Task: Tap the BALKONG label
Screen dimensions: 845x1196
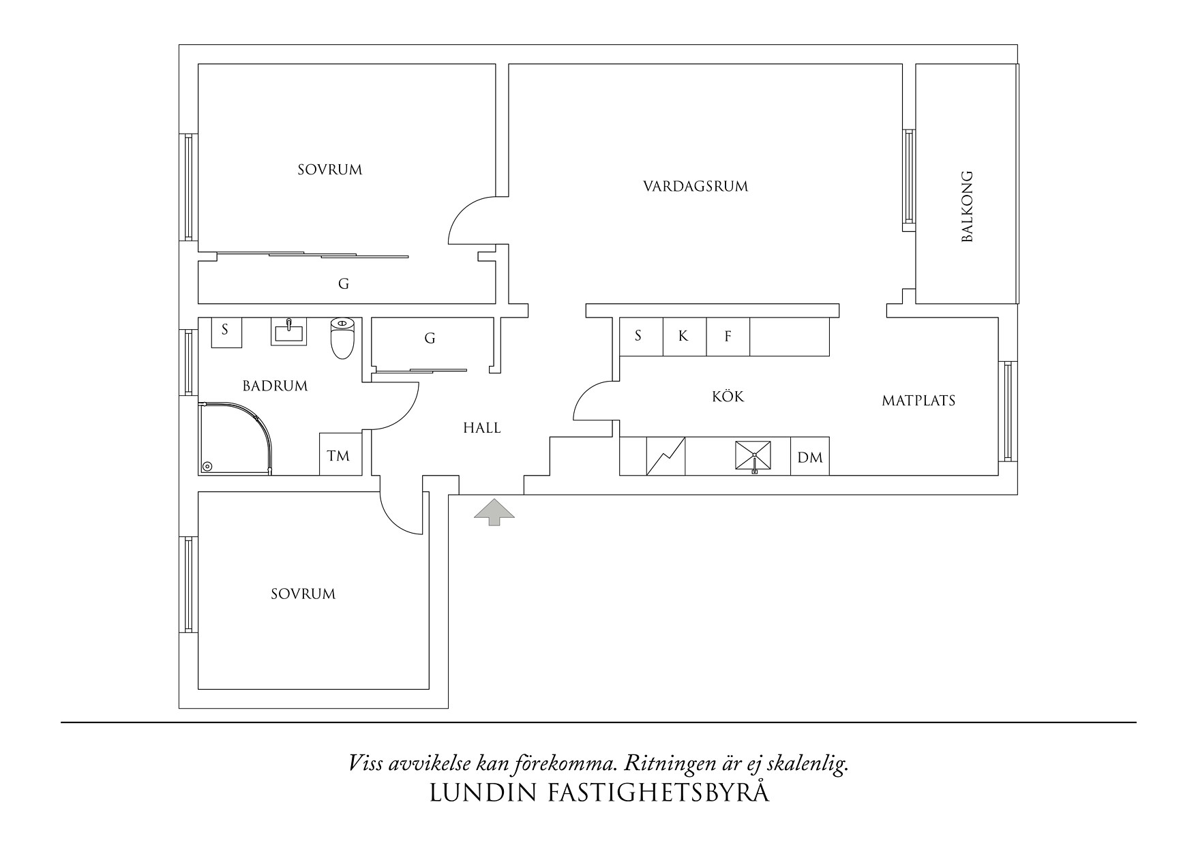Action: pyautogui.click(x=967, y=206)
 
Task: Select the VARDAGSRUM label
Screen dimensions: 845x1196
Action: pyautogui.click(x=696, y=186)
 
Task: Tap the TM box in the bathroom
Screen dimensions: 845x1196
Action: pyautogui.click(x=338, y=455)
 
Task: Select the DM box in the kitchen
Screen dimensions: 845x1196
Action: pyautogui.click(x=810, y=457)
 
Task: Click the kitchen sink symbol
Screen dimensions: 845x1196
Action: pyautogui.click(x=753, y=456)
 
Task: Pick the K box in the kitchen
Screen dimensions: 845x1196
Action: pyautogui.click(x=684, y=336)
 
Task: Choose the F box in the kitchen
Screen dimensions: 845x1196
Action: pyautogui.click(x=728, y=336)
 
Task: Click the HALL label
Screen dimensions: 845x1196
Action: pyautogui.click(x=482, y=428)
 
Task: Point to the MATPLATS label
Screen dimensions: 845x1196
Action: pyautogui.click(x=918, y=401)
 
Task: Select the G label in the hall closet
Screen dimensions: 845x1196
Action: pyautogui.click(x=430, y=338)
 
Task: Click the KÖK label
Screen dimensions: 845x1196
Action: pyautogui.click(x=728, y=397)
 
